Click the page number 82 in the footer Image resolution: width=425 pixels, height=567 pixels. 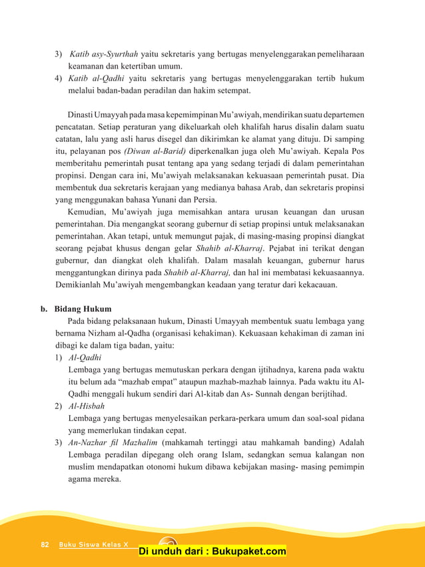click(45, 544)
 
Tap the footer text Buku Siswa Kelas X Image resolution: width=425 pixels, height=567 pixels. click(93, 544)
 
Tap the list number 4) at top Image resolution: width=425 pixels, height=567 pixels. click(59, 78)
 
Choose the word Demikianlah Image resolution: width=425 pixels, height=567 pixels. click(83, 285)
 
